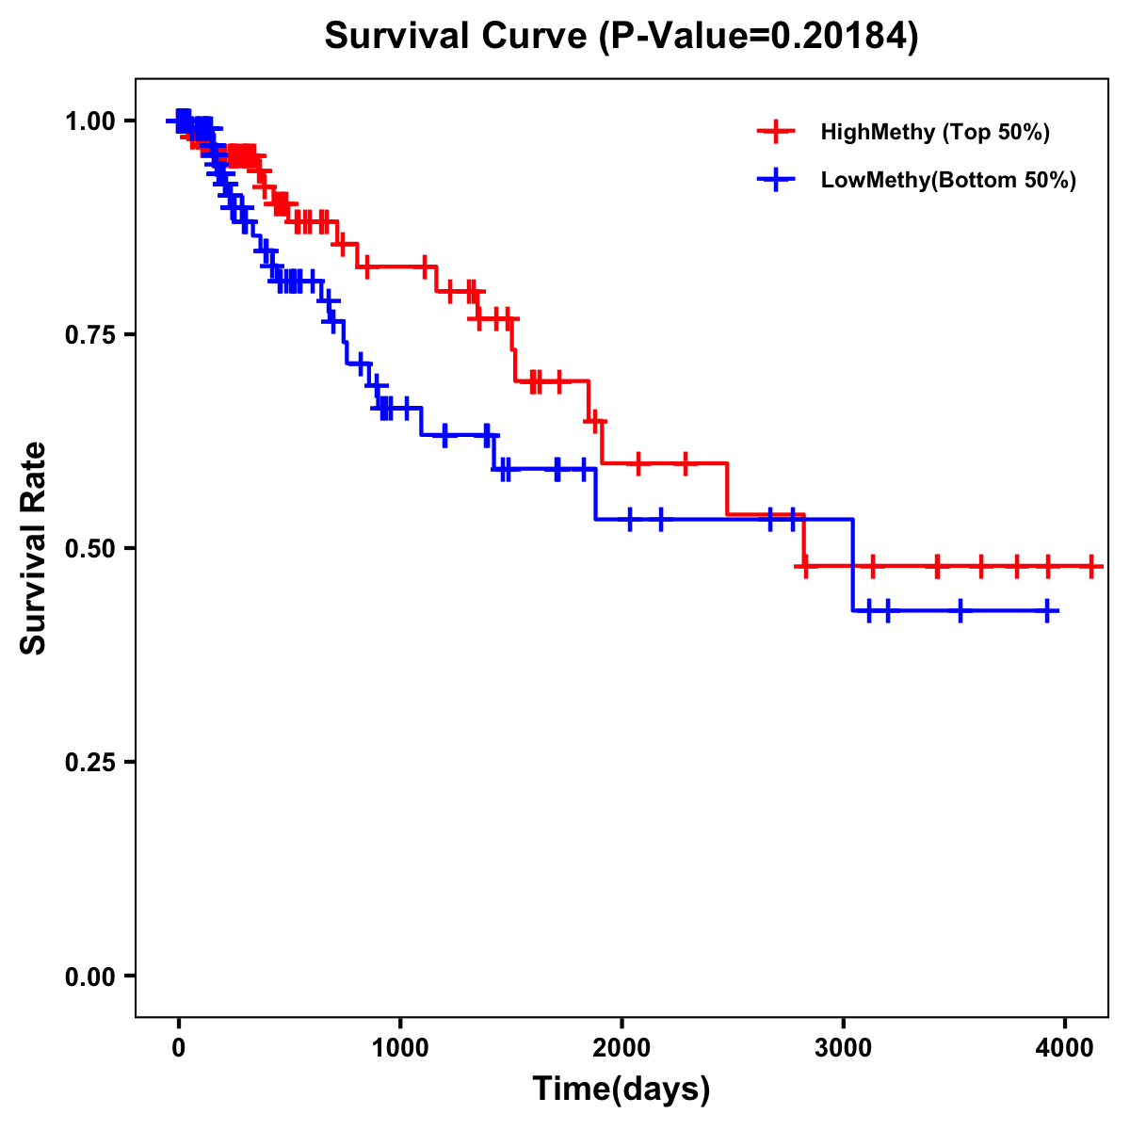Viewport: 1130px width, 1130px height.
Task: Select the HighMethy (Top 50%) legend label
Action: tap(934, 132)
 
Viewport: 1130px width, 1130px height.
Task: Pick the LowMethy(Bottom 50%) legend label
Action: tap(948, 180)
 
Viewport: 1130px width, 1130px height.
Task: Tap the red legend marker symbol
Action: tap(776, 132)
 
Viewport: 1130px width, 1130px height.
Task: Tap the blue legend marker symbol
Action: tap(776, 180)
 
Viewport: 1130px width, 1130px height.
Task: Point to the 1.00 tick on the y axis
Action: tap(89, 121)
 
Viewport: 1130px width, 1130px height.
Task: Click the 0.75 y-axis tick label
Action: tap(89, 334)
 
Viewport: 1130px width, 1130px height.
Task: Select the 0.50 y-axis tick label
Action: tap(89, 548)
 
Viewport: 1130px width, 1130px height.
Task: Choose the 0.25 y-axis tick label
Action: tap(89, 762)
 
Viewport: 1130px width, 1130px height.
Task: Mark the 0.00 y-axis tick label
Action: tap(89, 976)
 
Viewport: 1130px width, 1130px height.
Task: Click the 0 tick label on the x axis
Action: tap(178, 1046)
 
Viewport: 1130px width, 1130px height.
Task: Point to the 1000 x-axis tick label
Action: tap(400, 1046)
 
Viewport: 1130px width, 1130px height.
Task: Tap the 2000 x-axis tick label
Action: tap(621, 1046)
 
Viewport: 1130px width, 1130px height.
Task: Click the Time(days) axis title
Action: tap(621, 1090)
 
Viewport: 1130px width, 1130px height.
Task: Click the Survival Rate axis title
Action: tap(34, 548)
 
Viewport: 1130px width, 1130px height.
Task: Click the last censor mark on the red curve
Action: tap(1090, 567)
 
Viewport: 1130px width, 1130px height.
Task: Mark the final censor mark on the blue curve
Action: tap(1047, 611)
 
